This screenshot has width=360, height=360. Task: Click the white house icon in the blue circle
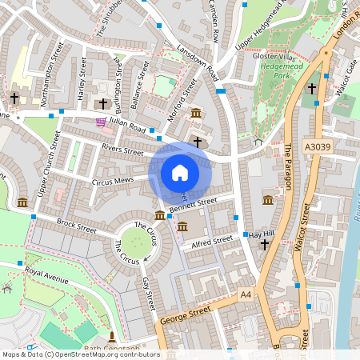pos(180,173)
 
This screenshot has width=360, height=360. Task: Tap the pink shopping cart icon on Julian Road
pos(101,122)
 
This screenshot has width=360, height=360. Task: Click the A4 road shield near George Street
pos(246,295)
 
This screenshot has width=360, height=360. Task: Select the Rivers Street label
pos(122,150)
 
